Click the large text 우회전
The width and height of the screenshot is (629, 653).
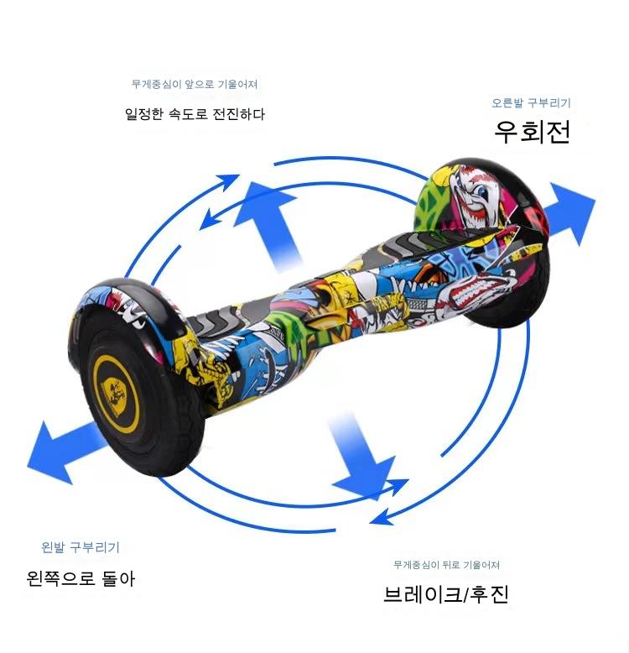pos(532,132)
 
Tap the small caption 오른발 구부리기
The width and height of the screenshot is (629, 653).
pos(531,103)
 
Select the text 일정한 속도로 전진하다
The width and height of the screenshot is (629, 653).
pos(195,113)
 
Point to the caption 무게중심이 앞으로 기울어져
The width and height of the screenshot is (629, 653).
pos(195,85)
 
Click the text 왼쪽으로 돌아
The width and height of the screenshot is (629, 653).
pos(81,578)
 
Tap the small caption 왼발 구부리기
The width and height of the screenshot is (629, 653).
pos(81,547)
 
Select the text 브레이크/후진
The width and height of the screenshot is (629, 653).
pos(446,594)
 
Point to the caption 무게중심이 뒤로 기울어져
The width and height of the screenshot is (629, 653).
pos(446,565)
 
